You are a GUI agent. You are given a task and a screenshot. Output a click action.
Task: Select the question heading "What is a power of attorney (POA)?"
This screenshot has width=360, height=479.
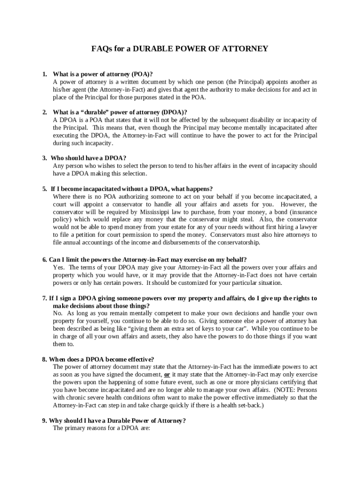[103, 74]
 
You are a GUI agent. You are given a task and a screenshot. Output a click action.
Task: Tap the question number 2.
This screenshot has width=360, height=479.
[44, 112]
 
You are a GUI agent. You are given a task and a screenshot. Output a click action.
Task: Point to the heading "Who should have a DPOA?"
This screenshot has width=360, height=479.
[88, 158]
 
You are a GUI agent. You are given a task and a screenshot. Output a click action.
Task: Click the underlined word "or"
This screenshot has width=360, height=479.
[166, 375]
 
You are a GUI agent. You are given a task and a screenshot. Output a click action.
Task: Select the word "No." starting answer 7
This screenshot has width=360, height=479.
[58, 313]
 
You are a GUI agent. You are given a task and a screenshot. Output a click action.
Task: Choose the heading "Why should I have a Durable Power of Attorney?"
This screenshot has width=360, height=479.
[117, 421]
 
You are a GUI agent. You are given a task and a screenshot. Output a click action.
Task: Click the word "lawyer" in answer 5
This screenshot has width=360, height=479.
[307, 227]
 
